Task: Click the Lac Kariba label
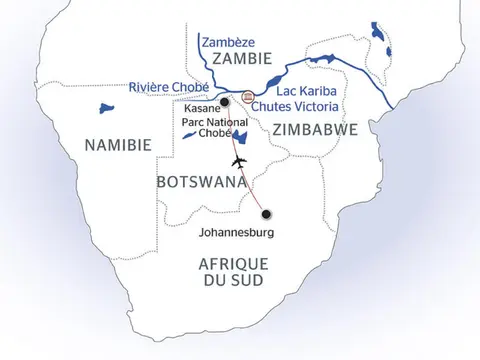290,91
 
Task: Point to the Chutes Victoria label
296,106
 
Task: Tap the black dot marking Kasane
226,102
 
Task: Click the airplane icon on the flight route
237,161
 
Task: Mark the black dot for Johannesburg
267,211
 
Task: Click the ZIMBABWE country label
304,129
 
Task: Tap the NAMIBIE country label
118,146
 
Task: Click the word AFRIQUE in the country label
235,263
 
